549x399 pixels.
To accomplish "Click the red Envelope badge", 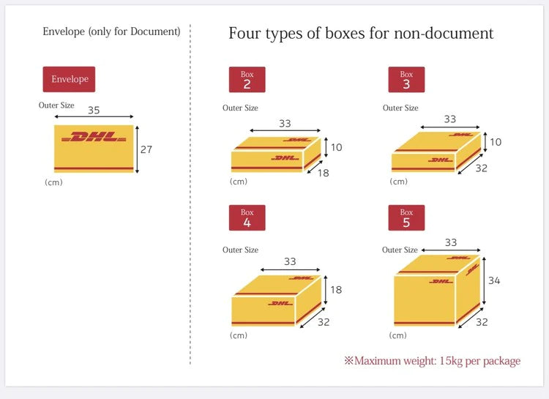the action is (69, 79).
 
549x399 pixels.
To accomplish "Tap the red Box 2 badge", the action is (247, 80).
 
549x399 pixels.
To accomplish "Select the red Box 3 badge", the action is (406, 80).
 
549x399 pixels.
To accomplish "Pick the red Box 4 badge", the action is (247, 217).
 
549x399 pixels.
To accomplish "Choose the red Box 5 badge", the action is (406, 217).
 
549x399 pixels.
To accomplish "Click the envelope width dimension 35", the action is (94, 110).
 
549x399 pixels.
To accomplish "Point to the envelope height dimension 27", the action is (146, 149).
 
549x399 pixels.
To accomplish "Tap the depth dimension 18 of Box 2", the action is (323, 173).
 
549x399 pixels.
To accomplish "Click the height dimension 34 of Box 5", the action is (494, 280).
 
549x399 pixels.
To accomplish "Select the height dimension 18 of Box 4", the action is (336, 290).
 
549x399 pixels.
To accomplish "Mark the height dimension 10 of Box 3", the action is (496, 142).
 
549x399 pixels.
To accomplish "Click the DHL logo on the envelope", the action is (94, 137).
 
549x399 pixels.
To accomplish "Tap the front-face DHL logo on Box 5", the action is (441, 281).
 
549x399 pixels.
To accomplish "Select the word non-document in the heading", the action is (444, 33).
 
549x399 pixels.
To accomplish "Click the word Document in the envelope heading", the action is (154, 31).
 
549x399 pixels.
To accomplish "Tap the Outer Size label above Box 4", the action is (240, 250).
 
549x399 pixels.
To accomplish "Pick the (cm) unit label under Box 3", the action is (398, 182).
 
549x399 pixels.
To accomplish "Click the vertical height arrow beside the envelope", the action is (138, 149).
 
